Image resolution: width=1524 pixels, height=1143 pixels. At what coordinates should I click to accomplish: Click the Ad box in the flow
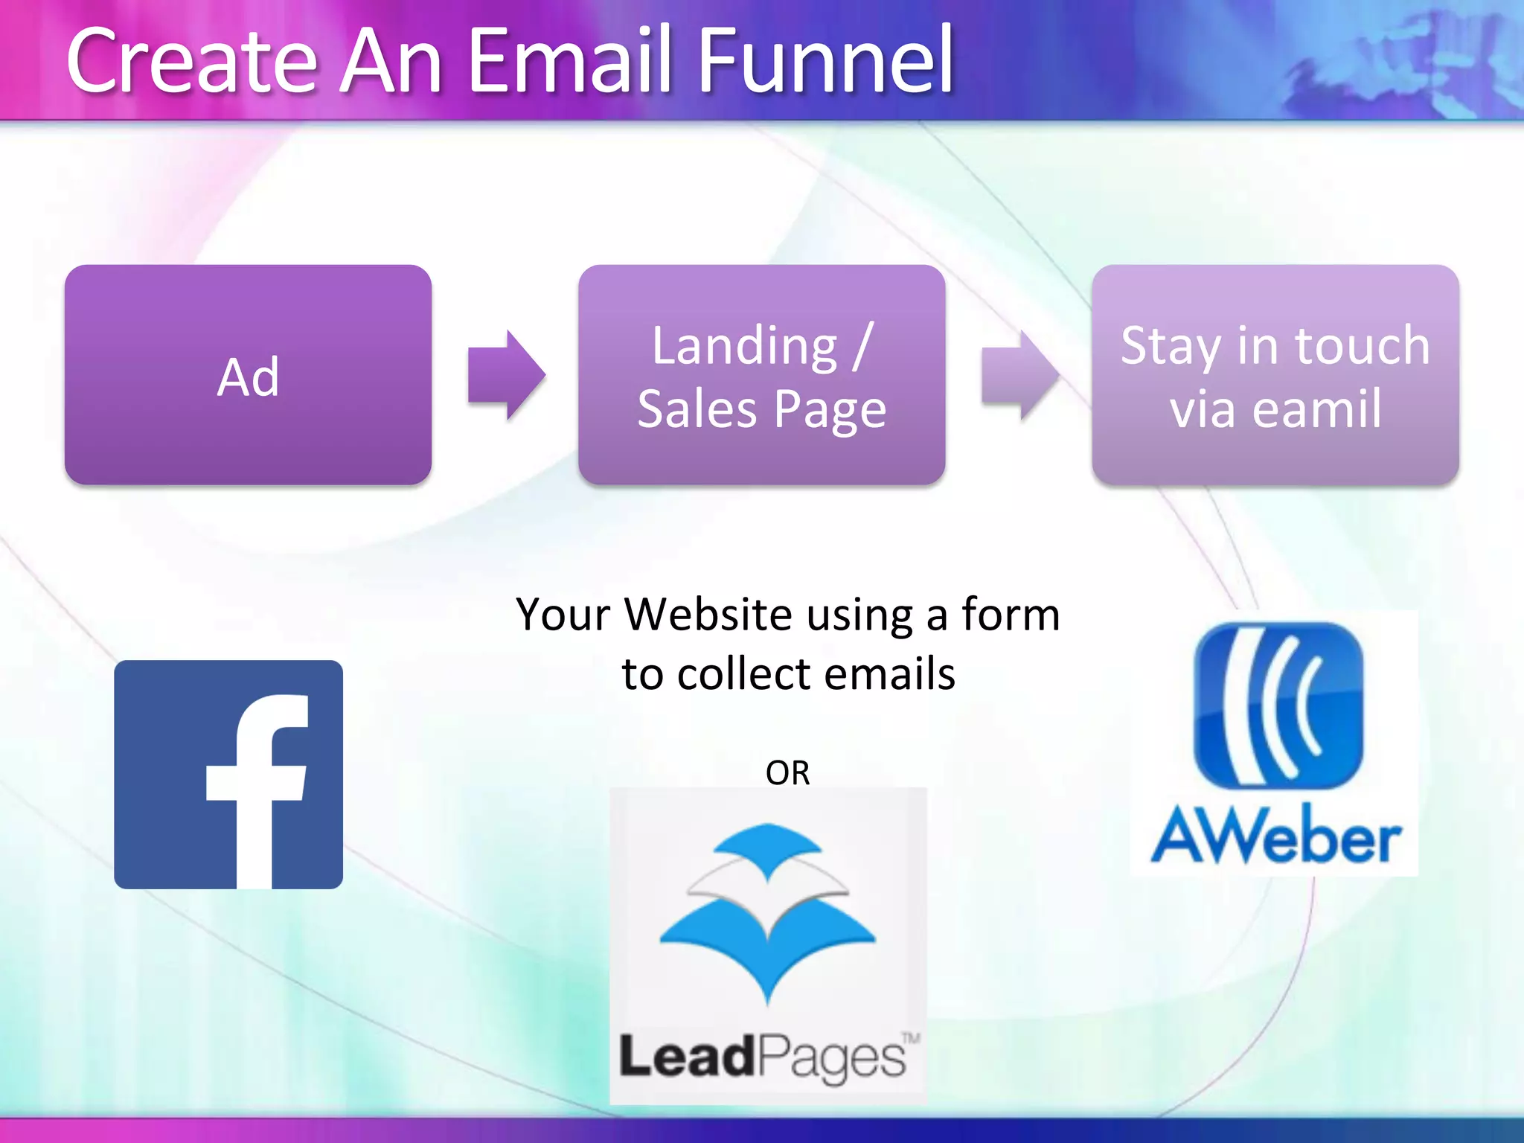(x=248, y=375)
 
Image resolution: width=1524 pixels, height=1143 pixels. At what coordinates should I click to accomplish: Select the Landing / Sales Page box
(x=761, y=375)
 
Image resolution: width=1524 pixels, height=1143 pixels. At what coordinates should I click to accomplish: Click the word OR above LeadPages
(x=787, y=773)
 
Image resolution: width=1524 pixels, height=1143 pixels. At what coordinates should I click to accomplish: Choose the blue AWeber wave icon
(x=1278, y=705)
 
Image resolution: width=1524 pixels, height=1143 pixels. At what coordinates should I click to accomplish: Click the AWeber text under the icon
(x=1275, y=837)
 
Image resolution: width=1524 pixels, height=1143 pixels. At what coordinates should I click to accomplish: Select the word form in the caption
(x=1010, y=615)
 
